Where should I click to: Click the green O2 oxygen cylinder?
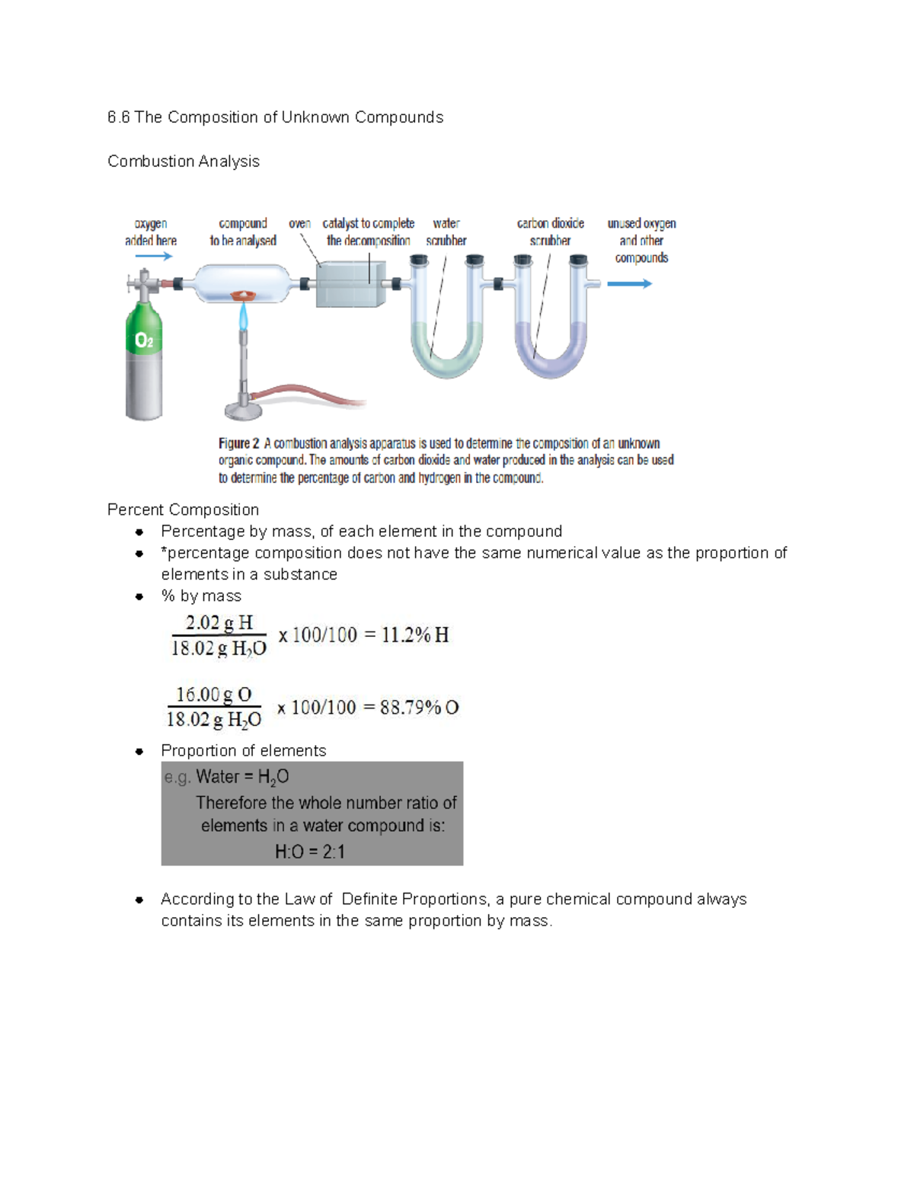(x=144, y=358)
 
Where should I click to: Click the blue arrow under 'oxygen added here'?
(x=154, y=257)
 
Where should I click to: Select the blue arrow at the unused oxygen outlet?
(x=629, y=284)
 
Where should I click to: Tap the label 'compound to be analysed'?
(x=243, y=232)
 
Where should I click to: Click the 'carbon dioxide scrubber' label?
(x=550, y=232)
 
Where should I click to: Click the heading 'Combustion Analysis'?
(x=184, y=161)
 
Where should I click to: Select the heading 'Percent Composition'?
(x=183, y=510)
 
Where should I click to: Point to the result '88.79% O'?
(x=420, y=708)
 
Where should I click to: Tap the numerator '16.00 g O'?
(x=213, y=695)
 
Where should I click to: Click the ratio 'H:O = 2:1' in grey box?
(x=310, y=852)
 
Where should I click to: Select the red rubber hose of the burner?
(x=305, y=395)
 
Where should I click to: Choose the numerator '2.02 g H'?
(x=219, y=623)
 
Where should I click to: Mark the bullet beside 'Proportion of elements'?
(x=139, y=751)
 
